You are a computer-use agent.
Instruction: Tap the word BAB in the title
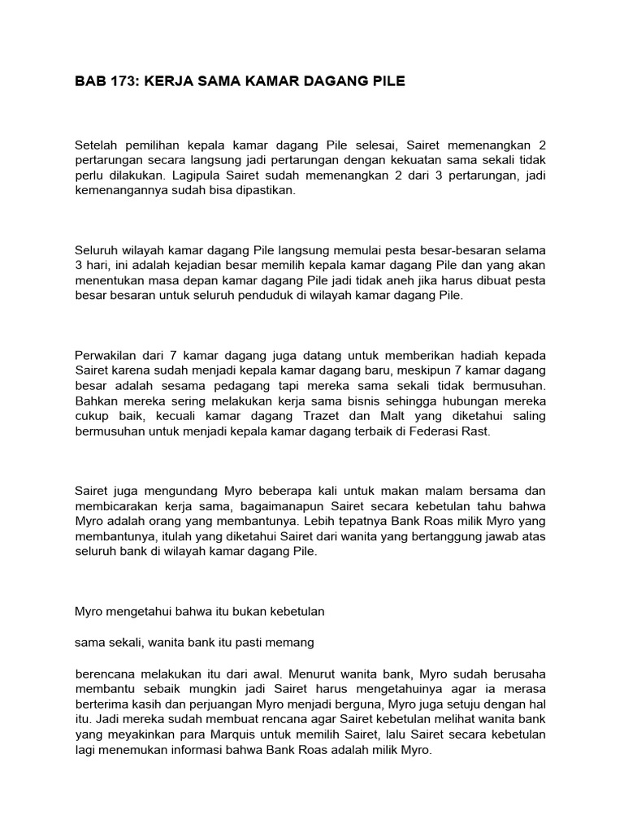(x=88, y=81)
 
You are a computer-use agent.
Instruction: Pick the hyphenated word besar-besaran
(x=460, y=249)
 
